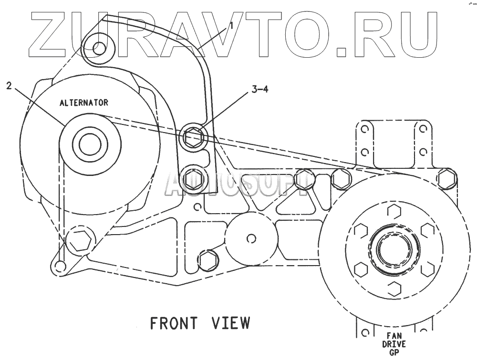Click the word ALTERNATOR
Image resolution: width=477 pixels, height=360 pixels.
click(83, 103)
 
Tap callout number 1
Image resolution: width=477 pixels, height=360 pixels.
click(231, 26)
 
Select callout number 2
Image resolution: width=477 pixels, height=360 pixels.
click(9, 86)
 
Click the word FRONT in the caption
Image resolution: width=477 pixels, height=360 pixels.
click(173, 323)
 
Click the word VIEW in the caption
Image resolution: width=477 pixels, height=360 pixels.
click(231, 323)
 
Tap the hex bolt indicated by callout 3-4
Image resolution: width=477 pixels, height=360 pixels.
click(193, 137)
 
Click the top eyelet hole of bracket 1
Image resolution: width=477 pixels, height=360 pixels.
click(99, 48)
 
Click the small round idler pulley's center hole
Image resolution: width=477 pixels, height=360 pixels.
click(251, 237)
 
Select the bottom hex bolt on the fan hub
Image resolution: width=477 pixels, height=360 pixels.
click(393, 288)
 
